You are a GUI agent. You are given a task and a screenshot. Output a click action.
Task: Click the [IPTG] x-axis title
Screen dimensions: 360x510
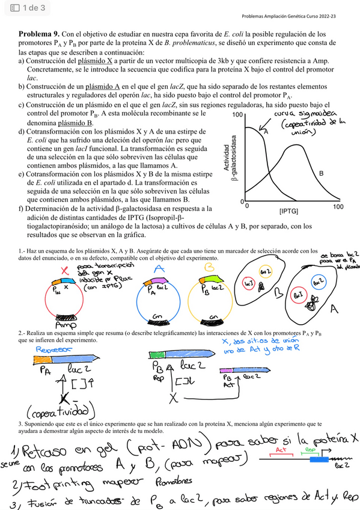click(x=288, y=211)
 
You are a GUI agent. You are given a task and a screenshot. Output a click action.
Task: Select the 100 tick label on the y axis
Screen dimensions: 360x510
click(x=238, y=115)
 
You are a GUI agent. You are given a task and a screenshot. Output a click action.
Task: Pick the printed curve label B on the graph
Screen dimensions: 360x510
click(x=321, y=173)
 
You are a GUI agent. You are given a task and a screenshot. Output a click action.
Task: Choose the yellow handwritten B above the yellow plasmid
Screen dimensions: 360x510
click(x=208, y=266)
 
